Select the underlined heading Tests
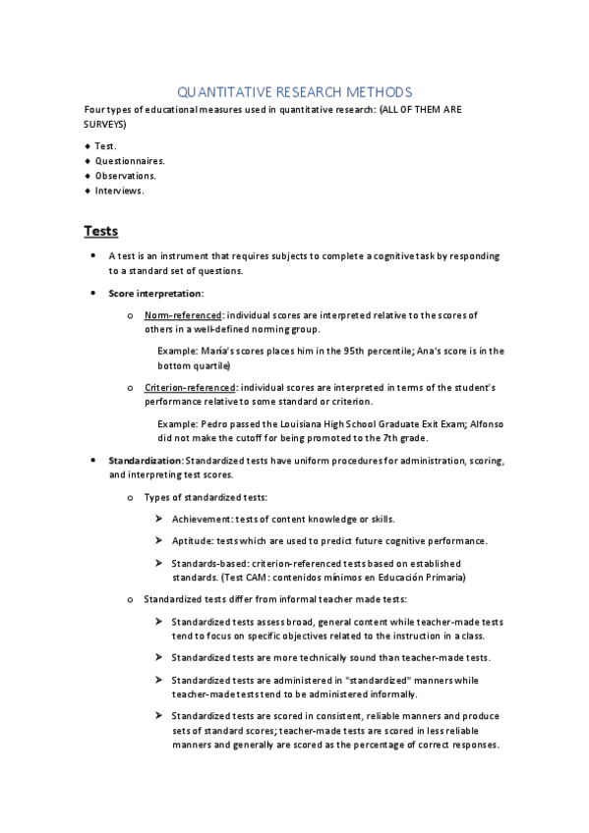pyautogui.click(x=100, y=231)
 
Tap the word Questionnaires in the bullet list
pyautogui.click(x=130, y=160)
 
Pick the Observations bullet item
pyautogui.click(x=125, y=175)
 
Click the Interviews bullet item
pyautogui.click(x=119, y=191)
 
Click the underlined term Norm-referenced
pyautogui.click(x=183, y=315)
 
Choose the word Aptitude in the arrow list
pyautogui.click(x=193, y=541)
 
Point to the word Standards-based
pyautogui.click(x=209, y=563)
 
